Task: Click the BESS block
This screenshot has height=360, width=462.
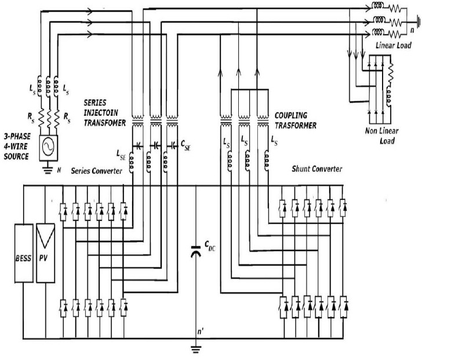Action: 24,252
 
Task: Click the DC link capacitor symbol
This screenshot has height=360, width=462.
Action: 197,252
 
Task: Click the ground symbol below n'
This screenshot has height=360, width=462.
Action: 197,348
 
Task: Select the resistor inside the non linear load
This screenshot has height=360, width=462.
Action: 391,73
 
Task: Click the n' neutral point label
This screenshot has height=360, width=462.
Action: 201,332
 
